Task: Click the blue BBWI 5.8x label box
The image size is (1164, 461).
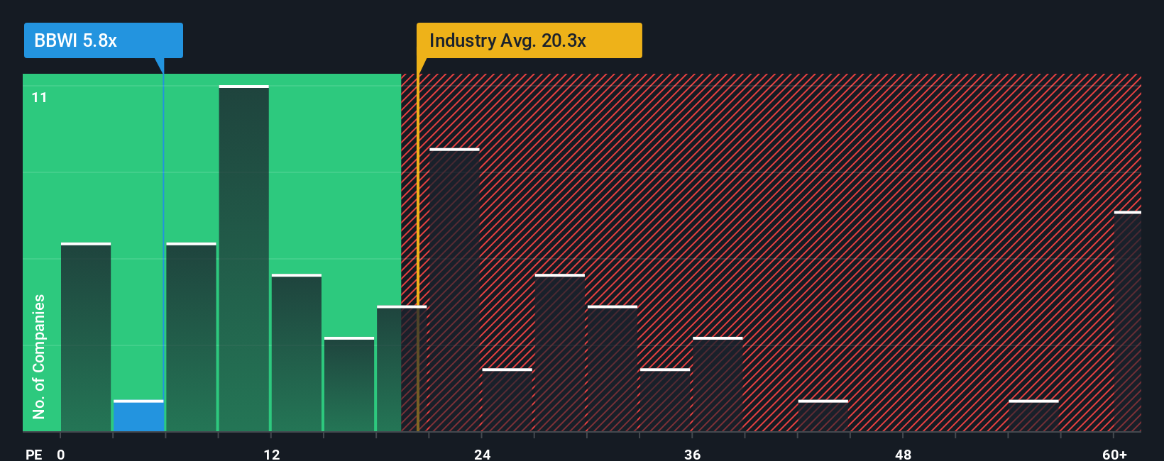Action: point(103,40)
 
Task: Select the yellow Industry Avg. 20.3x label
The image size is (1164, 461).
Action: point(529,40)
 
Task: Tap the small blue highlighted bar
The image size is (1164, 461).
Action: point(138,416)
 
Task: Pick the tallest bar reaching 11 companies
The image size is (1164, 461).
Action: point(243,259)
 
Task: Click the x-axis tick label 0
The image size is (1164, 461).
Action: point(61,454)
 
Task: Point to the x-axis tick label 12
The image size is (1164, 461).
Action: point(272,454)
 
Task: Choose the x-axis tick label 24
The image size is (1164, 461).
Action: point(482,454)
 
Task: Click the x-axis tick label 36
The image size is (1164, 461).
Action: point(692,454)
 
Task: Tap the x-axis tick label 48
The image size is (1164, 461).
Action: point(903,454)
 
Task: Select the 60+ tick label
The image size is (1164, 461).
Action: point(1114,454)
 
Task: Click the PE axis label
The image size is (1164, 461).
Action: point(33,454)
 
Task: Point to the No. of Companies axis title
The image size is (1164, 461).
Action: point(39,356)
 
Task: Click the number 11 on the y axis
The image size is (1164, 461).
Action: point(39,97)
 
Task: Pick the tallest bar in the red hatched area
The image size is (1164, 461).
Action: point(454,291)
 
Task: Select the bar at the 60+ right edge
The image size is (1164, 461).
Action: point(1127,323)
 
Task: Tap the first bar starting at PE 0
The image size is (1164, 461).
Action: point(86,338)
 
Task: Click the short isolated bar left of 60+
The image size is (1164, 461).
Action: point(1033,416)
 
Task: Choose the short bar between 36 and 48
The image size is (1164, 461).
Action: point(823,416)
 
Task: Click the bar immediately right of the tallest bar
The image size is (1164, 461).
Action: point(296,353)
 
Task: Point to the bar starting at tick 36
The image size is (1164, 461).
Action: point(718,384)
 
